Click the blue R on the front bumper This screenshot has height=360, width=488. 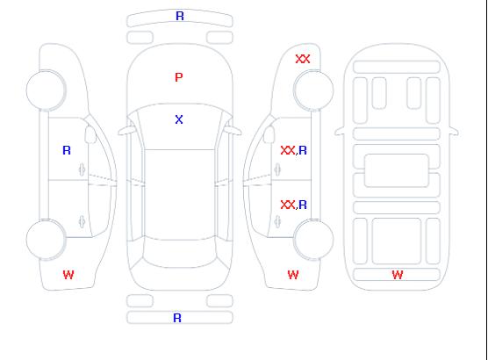[x=180, y=16]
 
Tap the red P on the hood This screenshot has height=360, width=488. [x=179, y=77]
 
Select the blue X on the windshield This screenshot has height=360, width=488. [x=179, y=119]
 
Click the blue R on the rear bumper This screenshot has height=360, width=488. [x=177, y=318]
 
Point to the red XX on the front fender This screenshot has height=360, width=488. [x=303, y=59]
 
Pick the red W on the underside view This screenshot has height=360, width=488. [x=398, y=275]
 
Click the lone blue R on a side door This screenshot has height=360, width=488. [x=67, y=150]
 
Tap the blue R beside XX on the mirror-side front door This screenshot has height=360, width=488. [x=303, y=150]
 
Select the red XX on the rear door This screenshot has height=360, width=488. [x=288, y=205]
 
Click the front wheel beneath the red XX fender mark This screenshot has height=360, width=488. [x=313, y=90]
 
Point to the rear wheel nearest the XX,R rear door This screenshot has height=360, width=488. [x=313, y=239]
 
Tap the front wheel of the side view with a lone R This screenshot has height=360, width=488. [x=46, y=90]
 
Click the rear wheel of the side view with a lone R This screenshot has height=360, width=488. [x=46, y=239]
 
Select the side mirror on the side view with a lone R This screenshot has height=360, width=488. [x=90, y=134]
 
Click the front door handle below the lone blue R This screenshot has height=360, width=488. [x=82, y=169]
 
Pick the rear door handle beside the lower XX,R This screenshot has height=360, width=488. [x=277, y=221]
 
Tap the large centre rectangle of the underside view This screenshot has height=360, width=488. [x=397, y=170]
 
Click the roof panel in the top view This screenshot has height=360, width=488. [x=180, y=195]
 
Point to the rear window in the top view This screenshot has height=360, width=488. [x=180, y=253]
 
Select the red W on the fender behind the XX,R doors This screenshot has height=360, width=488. [x=293, y=275]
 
